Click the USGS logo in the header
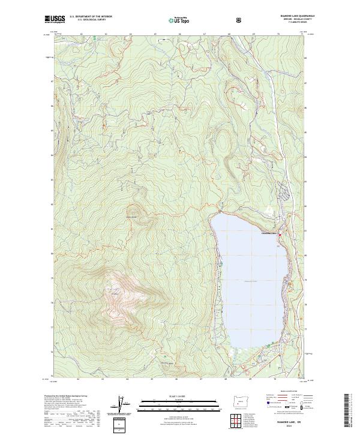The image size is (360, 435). pos(55,19)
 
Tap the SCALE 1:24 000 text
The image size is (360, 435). pos(161,395)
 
